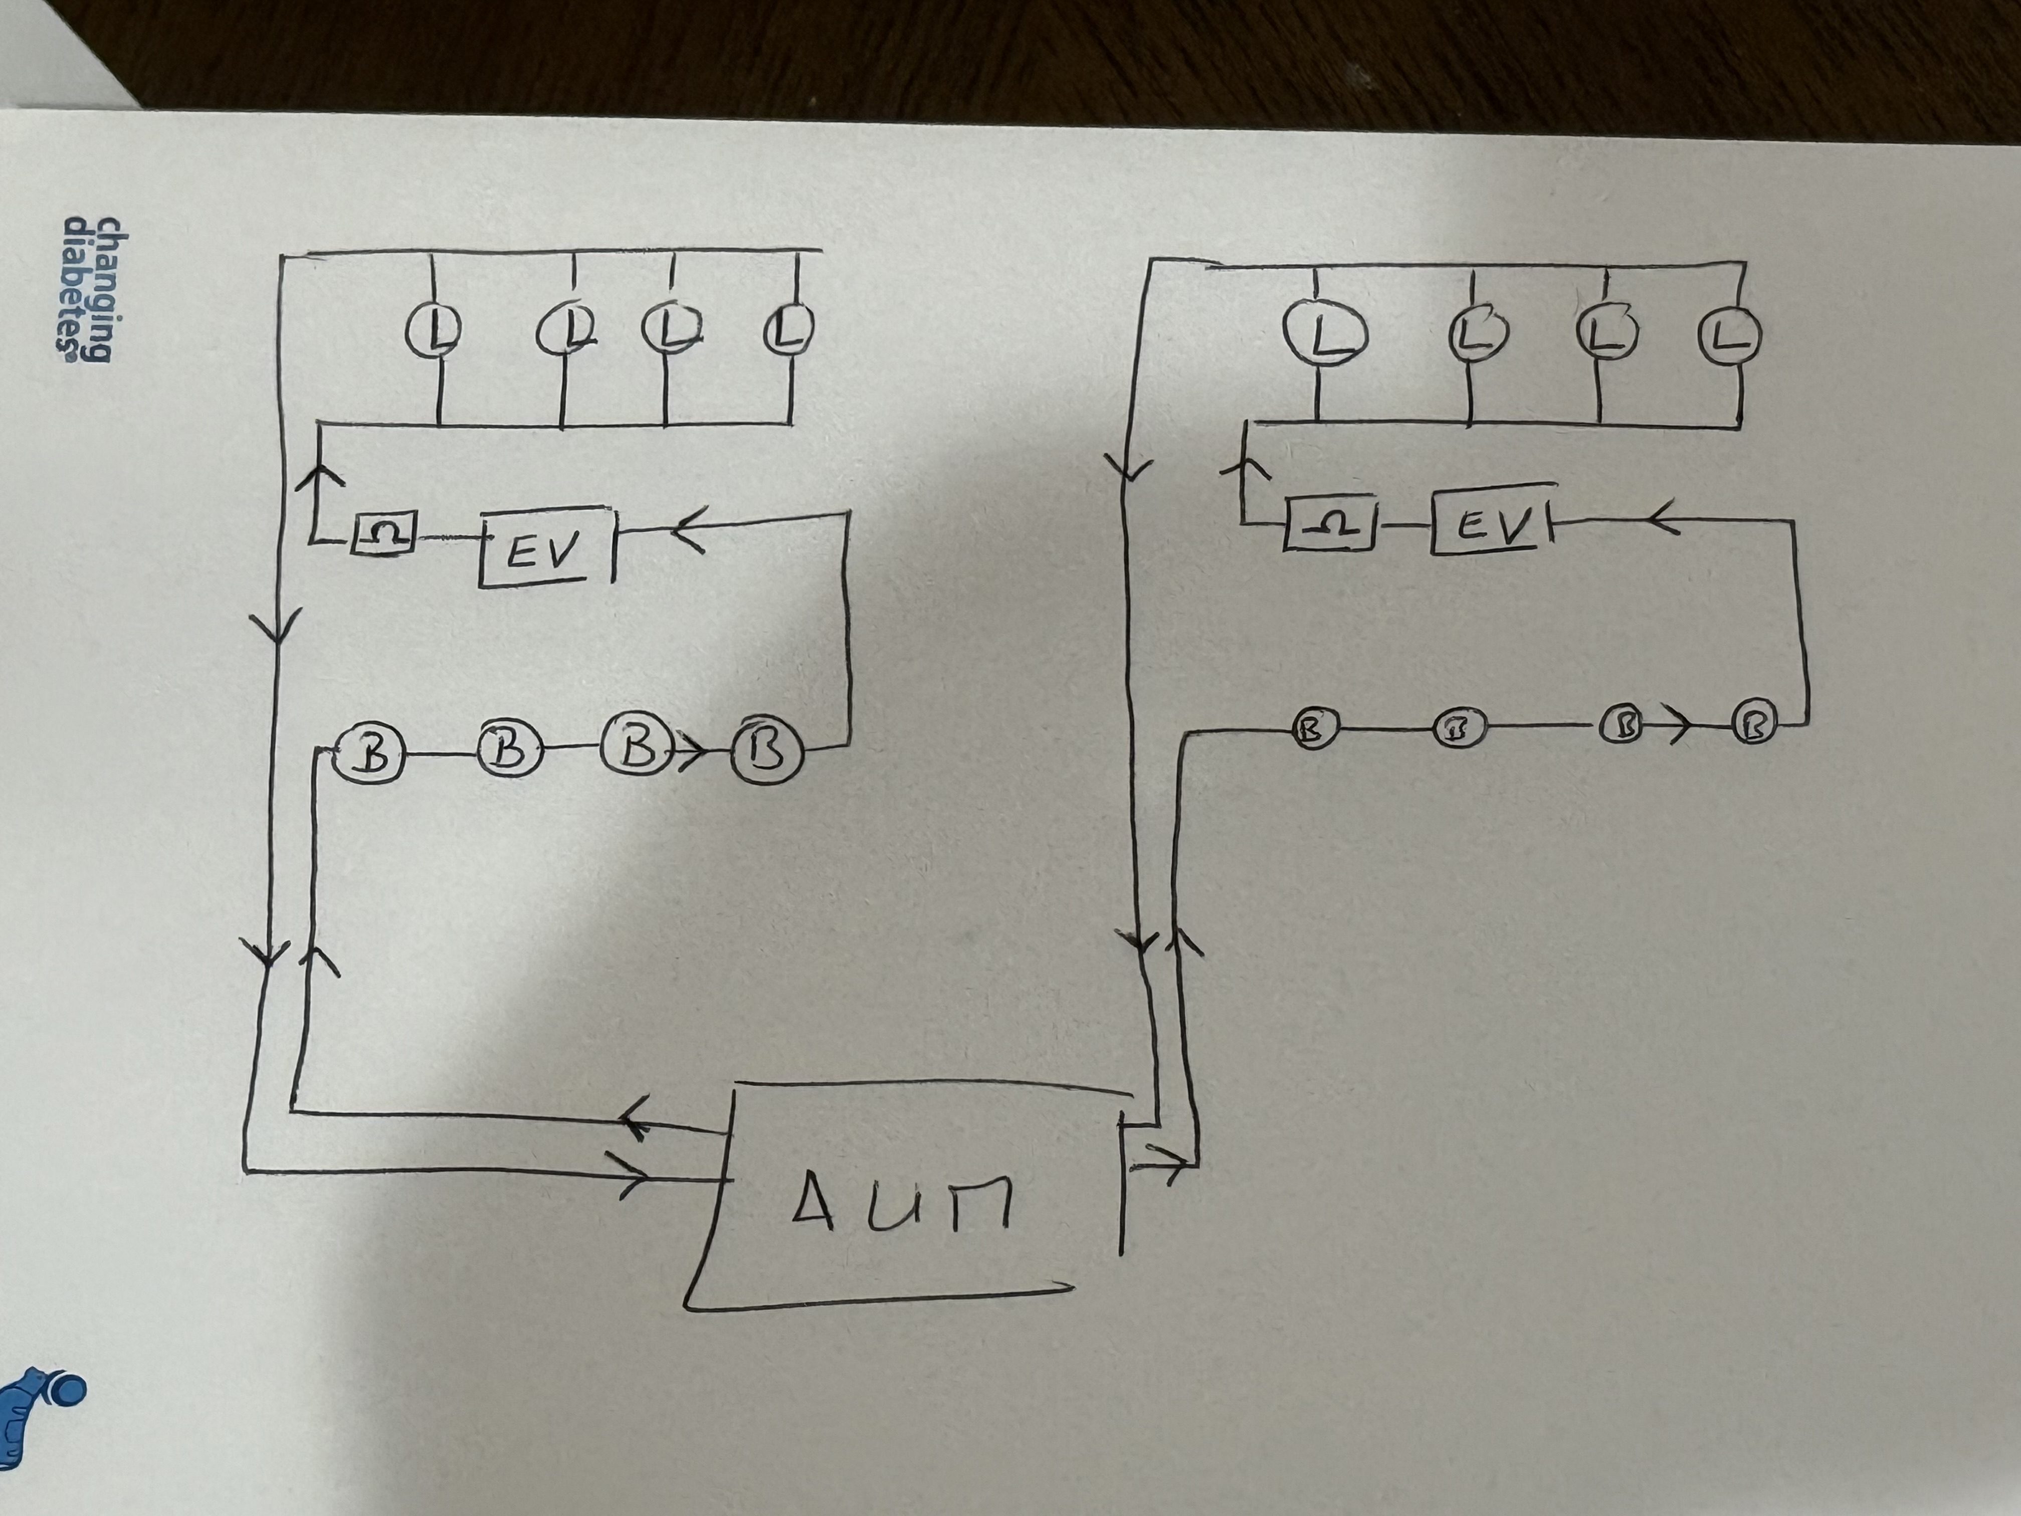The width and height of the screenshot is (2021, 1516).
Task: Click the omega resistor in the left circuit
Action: coord(384,532)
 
